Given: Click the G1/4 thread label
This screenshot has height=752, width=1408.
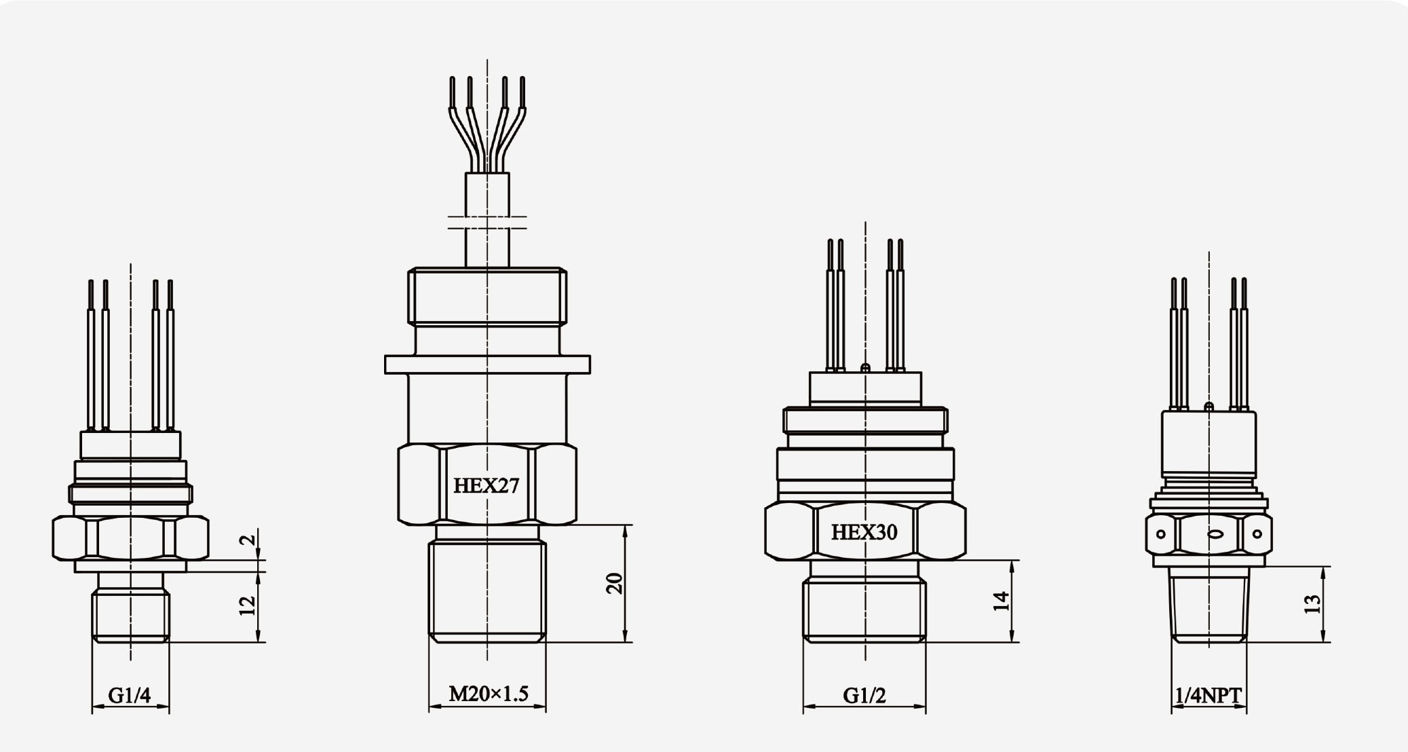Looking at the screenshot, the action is tap(129, 696).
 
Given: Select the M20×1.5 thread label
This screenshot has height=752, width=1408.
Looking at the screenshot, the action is tap(488, 694).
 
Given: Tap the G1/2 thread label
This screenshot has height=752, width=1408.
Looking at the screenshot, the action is tap(864, 696).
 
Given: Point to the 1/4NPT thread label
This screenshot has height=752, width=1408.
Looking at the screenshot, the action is tap(1209, 696).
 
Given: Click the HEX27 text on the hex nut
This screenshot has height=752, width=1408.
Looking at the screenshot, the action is tap(486, 486).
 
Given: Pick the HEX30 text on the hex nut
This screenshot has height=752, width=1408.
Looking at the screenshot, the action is tap(864, 532).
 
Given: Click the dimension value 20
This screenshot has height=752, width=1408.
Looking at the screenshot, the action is tap(614, 584).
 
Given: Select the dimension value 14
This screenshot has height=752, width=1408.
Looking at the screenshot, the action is tap(1002, 601).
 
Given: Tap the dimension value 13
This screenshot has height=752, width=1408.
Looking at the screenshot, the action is tap(1312, 604).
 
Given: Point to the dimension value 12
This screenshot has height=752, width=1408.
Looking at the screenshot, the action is tap(248, 605).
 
